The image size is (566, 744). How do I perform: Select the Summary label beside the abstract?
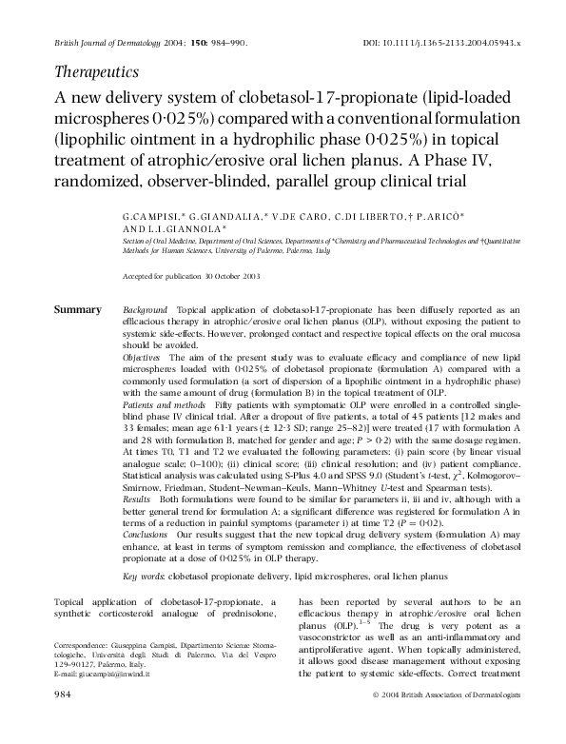pyautogui.click(x=77, y=310)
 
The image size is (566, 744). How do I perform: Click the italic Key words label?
pyautogui.click(x=146, y=575)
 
